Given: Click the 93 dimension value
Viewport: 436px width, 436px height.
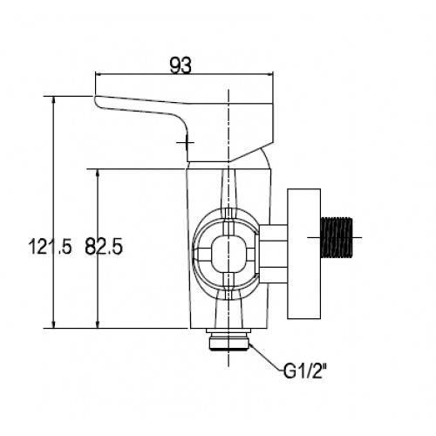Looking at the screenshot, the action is pyautogui.click(x=181, y=65).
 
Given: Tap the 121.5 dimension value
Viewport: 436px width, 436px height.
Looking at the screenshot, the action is pyautogui.click(x=50, y=247).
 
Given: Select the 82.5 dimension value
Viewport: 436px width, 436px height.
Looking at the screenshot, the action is pyautogui.click(x=104, y=247).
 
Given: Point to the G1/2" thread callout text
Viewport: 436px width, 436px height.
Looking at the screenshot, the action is pyautogui.click(x=303, y=371).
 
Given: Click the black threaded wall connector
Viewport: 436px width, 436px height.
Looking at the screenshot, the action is pyautogui.click(x=337, y=237).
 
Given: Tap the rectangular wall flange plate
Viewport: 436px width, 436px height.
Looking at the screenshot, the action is pyautogui.click(x=304, y=254).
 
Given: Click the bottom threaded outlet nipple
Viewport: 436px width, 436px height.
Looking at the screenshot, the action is pyautogui.click(x=229, y=342).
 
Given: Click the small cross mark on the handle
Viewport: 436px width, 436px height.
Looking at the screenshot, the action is pyautogui.click(x=186, y=142).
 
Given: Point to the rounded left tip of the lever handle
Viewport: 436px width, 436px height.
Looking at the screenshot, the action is pyautogui.click(x=96, y=102).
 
